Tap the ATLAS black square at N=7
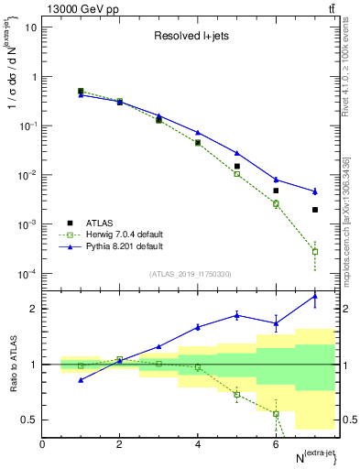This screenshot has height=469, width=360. coord(315,210)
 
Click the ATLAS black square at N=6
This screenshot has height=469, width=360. coord(276,191)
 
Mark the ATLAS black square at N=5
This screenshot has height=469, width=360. coord(237,167)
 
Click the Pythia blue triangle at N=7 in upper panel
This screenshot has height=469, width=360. coord(315,191)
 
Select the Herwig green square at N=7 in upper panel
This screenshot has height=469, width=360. coord(315,251)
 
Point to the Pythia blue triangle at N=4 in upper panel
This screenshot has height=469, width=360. coord(198,133)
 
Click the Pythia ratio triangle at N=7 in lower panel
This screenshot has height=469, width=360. coord(315,296)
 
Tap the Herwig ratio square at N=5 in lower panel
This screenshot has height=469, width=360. coord(237,395)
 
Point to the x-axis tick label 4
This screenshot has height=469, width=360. coord(198,444)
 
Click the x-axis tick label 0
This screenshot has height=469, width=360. coord(42,444)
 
